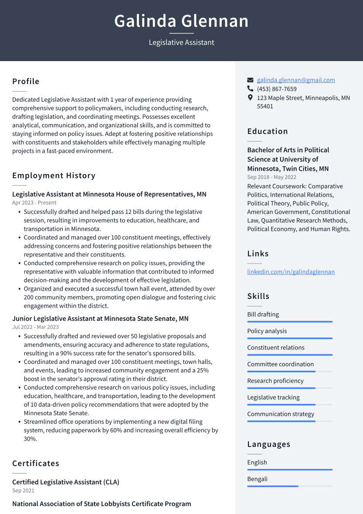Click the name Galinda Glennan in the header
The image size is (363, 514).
tap(181, 21)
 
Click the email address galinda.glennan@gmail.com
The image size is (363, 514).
tap(295, 80)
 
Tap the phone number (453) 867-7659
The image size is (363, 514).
tap(277, 89)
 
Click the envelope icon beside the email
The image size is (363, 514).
tap(250, 80)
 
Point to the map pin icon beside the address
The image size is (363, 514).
tap(250, 98)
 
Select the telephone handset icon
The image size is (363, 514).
tap(250, 89)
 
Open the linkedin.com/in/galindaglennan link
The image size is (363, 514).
tap(291, 272)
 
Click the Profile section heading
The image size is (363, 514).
tap(26, 82)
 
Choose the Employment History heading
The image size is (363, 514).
tap(54, 176)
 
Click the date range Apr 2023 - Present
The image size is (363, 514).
tap(34, 203)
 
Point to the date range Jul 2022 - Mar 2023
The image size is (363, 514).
tap(35, 327)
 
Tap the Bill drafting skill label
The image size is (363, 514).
tap(263, 315)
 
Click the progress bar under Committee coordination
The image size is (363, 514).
tap(290, 371)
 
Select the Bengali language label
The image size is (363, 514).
tap(257, 479)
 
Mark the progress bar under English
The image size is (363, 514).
tap(290, 469)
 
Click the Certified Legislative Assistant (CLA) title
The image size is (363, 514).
tap(66, 482)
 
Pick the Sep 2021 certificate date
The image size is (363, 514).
tap(23, 491)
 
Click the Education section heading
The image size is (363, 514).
tap(268, 131)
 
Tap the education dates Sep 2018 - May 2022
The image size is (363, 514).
tap(271, 177)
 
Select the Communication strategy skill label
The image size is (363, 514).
tap(281, 414)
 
